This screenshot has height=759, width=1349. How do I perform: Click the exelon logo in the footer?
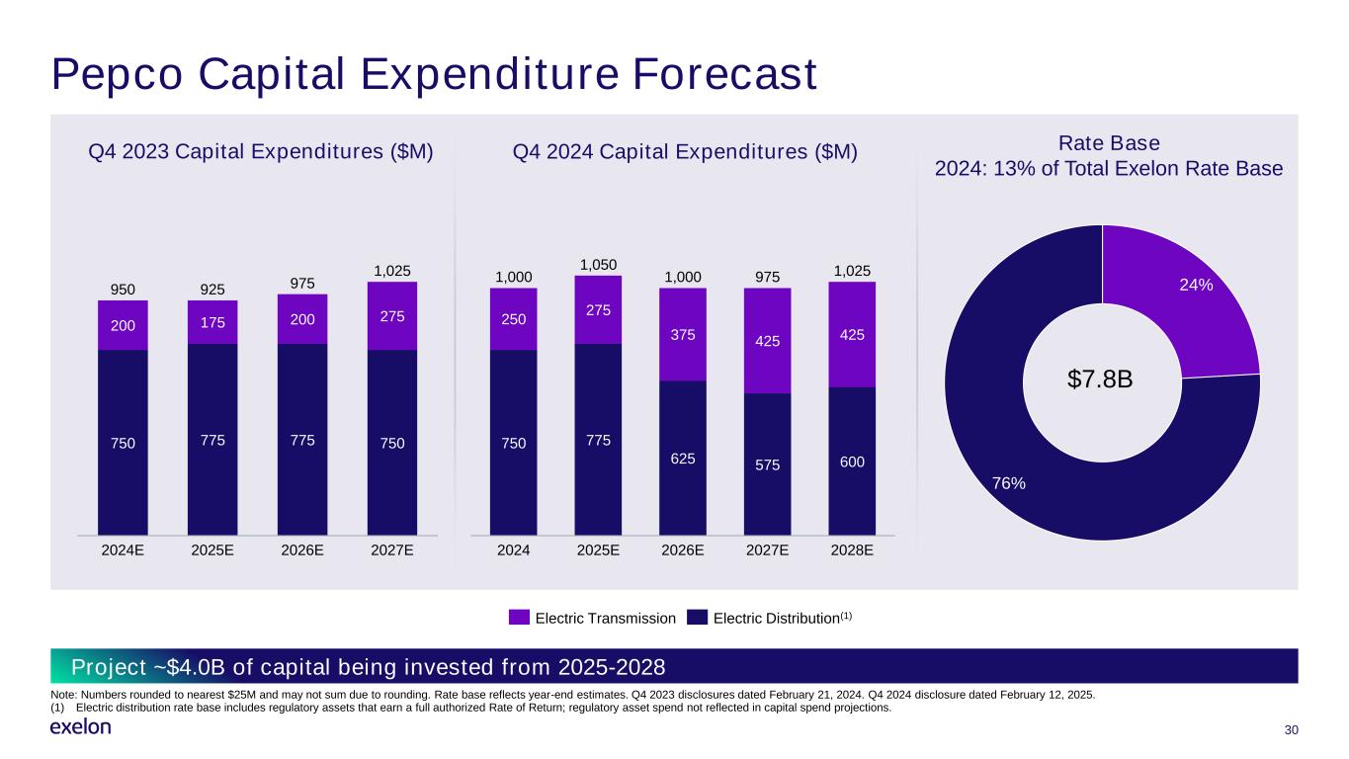coord(80,727)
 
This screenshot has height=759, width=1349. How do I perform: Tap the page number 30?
coord(1290,729)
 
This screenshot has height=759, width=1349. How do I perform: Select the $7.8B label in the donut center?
coord(1102,379)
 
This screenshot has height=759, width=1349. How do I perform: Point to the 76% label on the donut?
coord(1009,483)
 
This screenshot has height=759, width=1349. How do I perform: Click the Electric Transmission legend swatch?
coord(519,618)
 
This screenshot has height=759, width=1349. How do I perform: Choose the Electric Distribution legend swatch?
coord(698,618)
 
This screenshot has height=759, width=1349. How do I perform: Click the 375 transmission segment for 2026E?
coord(682,334)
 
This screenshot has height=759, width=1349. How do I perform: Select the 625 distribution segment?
coord(682,458)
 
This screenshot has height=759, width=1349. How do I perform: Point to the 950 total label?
coord(123,289)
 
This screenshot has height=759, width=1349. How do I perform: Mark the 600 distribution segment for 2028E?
coord(852,461)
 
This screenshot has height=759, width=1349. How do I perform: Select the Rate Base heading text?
coord(1109,142)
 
